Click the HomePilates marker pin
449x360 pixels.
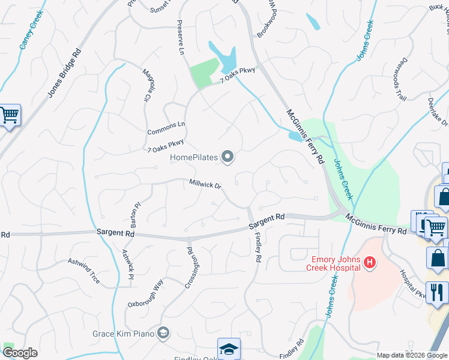point(228,157)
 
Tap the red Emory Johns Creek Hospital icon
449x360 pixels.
point(370,262)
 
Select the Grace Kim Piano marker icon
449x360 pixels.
point(163,333)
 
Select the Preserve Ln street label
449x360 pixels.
point(179,38)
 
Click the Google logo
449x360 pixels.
point(20,353)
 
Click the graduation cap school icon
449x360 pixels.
point(228,349)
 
